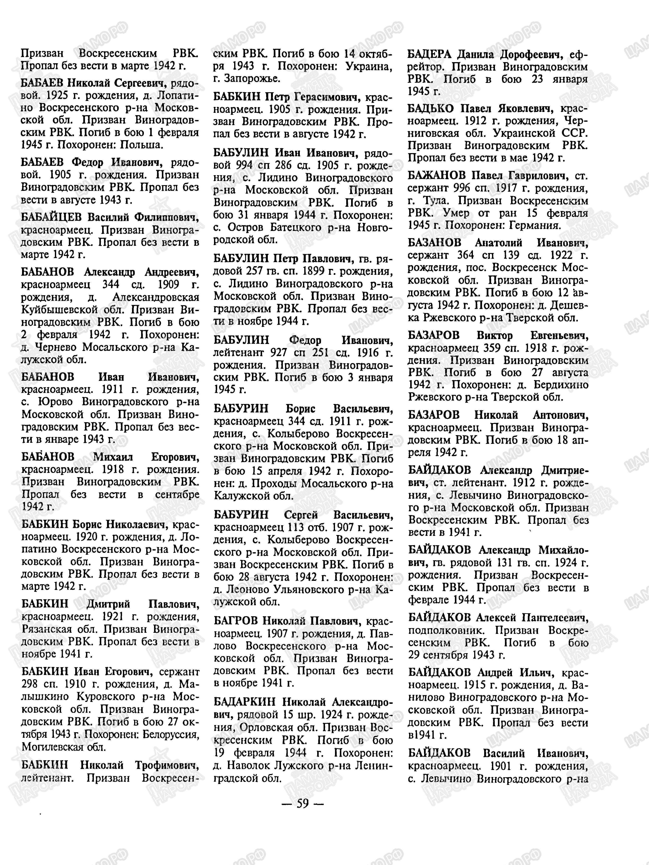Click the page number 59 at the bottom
pyautogui.click(x=303, y=803)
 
